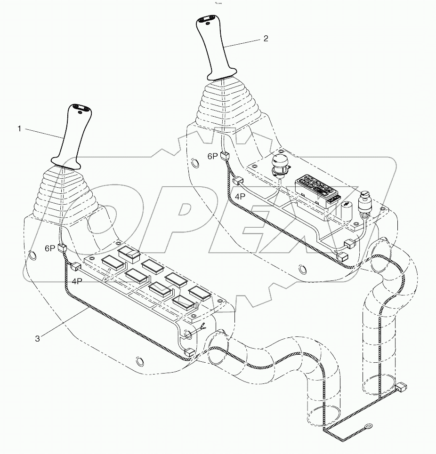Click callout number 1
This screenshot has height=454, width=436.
pos(19,128)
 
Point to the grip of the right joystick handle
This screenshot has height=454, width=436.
pos(217,52)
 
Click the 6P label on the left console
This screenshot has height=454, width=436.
pos(50,247)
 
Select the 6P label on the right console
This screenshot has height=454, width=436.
pos(212,156)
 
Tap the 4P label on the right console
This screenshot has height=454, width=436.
pos(240,196)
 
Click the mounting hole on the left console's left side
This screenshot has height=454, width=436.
pos(32,255)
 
